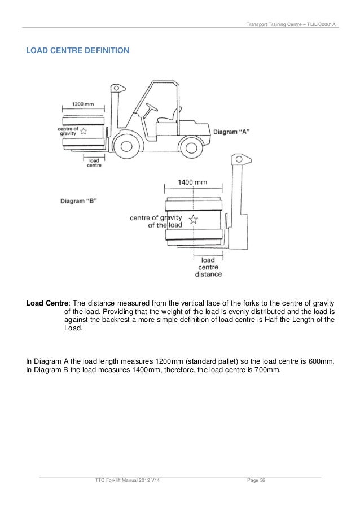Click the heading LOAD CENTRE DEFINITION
click(x=77, y=51)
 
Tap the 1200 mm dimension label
click(x=83, y=104)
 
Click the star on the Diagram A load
click(x=84, y=132)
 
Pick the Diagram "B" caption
click(x=78, y=200)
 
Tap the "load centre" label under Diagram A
click(x=94, y=163)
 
